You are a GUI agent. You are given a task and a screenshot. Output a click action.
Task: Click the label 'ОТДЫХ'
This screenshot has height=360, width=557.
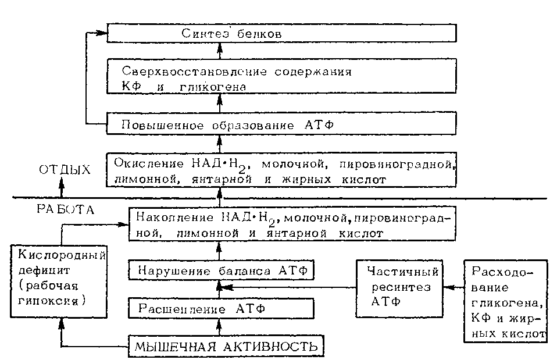pos(65,170)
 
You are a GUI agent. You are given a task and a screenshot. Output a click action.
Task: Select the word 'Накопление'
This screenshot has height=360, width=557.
pos(166,216)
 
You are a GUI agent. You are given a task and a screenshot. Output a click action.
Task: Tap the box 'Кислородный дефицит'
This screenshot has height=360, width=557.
pos(60,278)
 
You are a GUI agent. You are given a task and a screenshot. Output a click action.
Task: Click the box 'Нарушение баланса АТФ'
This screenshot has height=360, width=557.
pos(221,270)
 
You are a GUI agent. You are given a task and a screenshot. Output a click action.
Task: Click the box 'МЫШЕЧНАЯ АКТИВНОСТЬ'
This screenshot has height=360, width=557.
pos(226,347)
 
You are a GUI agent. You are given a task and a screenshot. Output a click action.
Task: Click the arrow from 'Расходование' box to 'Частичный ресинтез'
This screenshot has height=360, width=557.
pos(453,287)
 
